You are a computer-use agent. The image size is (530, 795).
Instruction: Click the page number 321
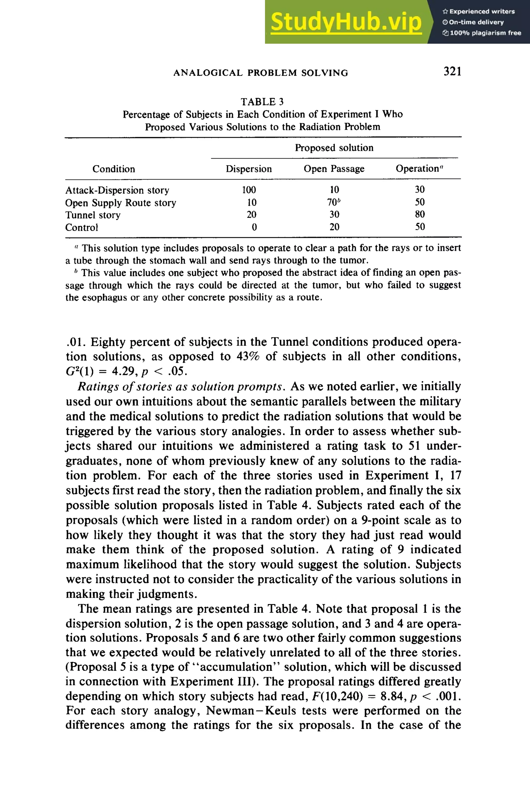click(x=452, y=71)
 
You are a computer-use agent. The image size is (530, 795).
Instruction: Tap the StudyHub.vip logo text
click(x=346, y=22)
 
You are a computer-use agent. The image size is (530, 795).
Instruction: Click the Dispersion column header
click(x=248, y=169)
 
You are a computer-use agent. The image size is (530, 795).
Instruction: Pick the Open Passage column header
click(x=334, y=169)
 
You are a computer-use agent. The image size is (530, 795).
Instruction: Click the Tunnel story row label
click(x=93, y=215)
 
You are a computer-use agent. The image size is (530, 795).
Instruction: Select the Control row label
click(x=82, y=227)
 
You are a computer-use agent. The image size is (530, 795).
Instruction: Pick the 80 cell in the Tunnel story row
click(x=419, y=214)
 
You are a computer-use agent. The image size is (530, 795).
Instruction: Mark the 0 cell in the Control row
click(x=254, y=227)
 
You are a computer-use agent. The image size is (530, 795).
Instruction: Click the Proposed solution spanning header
click(x=334, y=148)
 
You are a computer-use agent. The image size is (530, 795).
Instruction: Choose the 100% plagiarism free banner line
click(x=482, y=33)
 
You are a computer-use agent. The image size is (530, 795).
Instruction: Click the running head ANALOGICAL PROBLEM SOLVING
click(x=261, y=73)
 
